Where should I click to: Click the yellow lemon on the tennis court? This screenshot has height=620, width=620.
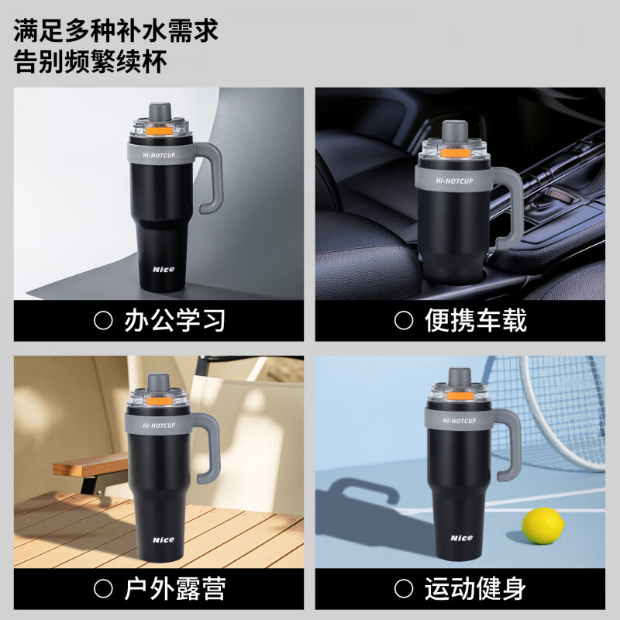click(542, 525)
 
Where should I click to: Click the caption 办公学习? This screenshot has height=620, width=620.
click(174, 321)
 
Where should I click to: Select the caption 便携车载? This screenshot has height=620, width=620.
click(475, 321)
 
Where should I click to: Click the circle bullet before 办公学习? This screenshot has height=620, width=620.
click(103, 321)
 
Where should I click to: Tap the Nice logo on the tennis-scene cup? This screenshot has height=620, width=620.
click(462, 537)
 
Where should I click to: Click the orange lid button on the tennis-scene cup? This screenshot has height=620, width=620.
click(462, 397)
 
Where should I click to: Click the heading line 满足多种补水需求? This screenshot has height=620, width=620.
click(116, 32)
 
